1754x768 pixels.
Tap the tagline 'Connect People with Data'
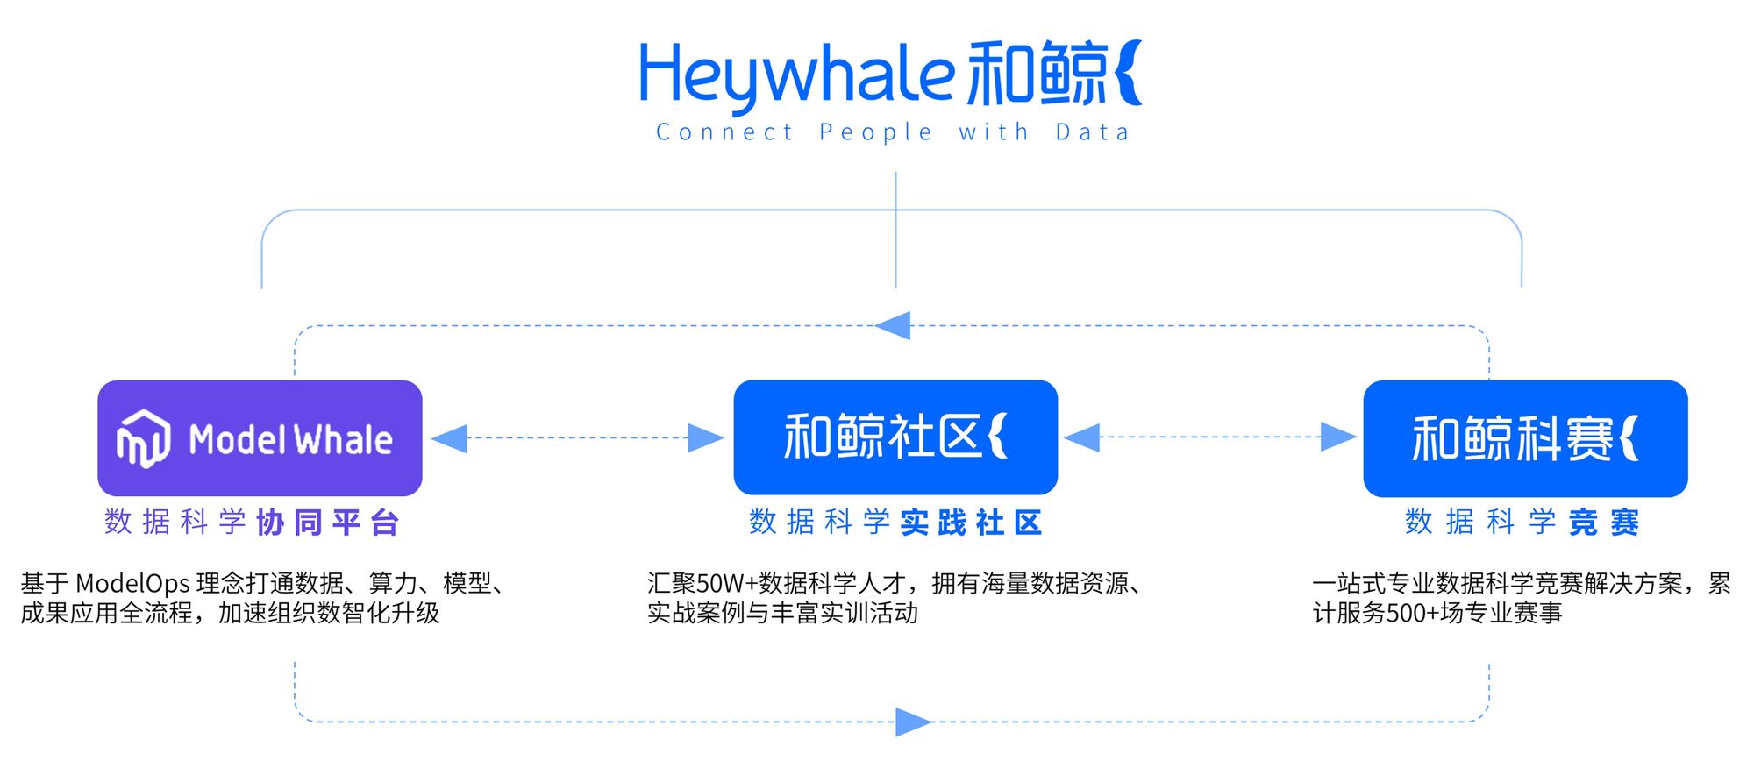[x=893, y=132]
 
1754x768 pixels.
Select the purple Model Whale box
[x=260, y=437]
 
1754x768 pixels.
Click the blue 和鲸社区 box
[x=895, y=437]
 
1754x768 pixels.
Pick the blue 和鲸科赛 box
[x=1525, y=437]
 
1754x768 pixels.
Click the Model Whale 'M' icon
[x=143, y=438]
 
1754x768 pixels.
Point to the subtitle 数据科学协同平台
[x=252, y=523]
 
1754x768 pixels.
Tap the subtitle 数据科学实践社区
[x=895, y=523]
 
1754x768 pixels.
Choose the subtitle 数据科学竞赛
[x=1522, y=523]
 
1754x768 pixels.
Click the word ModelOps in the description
[x=132, y=584]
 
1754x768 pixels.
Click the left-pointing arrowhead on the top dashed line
[x=894, y=326]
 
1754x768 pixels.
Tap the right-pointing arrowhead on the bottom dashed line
[x=913, y=722]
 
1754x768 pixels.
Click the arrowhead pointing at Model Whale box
[x=450, y=437]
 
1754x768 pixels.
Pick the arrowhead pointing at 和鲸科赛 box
[x=1338, y=437]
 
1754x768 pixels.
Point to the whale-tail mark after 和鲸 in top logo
[x=1130, y=73]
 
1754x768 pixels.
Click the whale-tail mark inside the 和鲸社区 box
[x=998, y=436]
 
